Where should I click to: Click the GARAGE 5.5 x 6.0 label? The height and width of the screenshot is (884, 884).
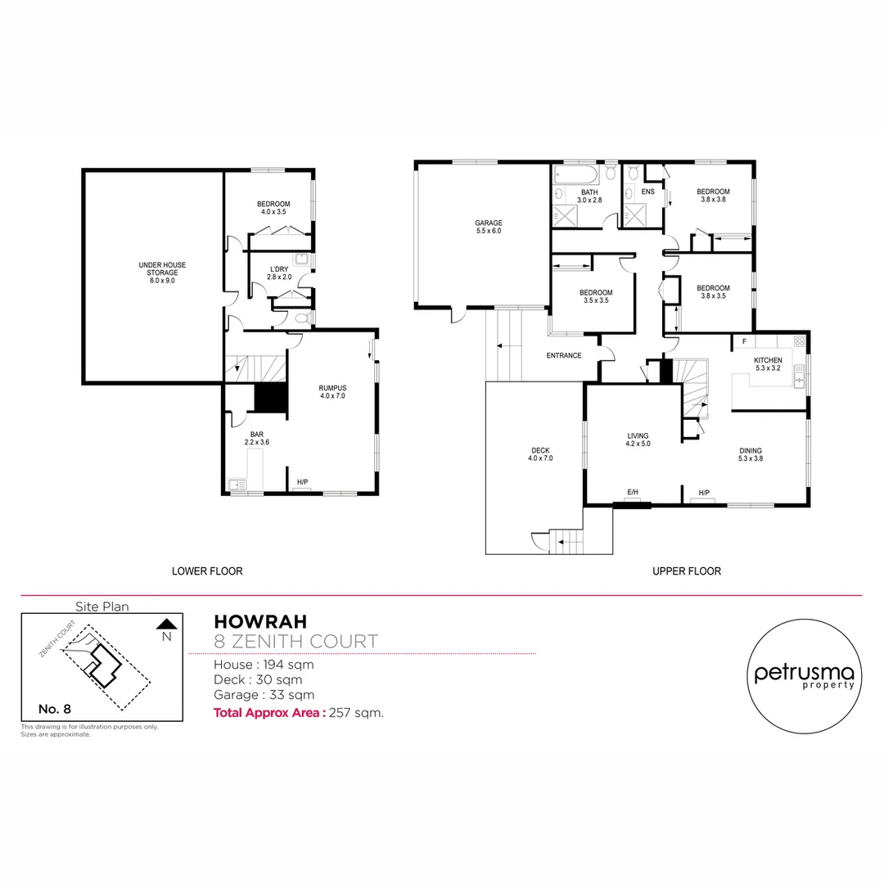tap(488, 227)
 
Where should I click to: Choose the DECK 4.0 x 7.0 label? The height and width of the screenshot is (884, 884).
tap(540, 454)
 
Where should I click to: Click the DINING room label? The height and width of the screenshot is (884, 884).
tap(751, 454)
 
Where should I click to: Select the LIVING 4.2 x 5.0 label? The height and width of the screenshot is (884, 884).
tap(638, 440)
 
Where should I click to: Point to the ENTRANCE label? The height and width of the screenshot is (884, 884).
tap(564, 355)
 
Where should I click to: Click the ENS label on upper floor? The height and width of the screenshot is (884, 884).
tap(647, 192)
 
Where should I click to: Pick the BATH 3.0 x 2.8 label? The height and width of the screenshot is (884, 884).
tap(589, 196)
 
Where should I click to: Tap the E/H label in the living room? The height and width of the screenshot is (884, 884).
tap(632, 492)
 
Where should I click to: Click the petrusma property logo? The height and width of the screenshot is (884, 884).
tap(804, 675)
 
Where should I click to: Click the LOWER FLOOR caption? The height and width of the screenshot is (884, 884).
tap(207, 571)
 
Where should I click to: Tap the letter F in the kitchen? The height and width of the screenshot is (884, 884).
tap(744, 341)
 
